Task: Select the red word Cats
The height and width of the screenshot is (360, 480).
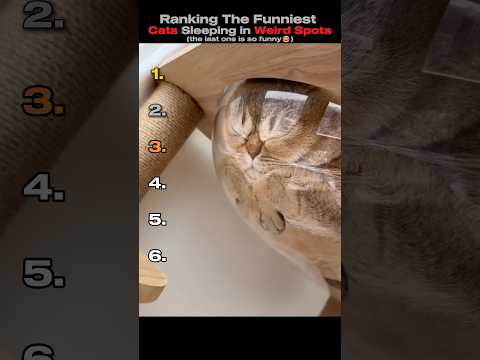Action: point(163,30)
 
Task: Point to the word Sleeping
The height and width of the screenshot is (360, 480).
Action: point(209,31)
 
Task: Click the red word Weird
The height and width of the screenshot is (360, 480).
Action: point(273,30)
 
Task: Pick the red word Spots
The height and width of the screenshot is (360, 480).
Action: point(313,31)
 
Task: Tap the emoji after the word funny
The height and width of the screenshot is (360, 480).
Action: point(286,39)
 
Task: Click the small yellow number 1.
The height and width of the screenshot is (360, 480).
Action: point(157,74)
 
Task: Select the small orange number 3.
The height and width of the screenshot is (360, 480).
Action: point(157,147)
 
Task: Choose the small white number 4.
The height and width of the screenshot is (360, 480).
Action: point(157,183)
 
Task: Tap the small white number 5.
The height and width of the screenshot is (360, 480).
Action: point(157,219)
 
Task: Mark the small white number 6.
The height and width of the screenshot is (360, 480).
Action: point(157,256)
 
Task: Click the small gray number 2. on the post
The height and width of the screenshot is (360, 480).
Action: point(157,111)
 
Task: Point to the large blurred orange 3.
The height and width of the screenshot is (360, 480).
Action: point(43,100)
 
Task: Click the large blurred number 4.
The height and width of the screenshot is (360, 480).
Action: point(44,187)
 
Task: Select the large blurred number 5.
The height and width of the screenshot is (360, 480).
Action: point(44,273)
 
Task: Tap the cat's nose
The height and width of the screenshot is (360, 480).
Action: point(253,147)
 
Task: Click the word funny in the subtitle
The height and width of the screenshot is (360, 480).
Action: point(270,39)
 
